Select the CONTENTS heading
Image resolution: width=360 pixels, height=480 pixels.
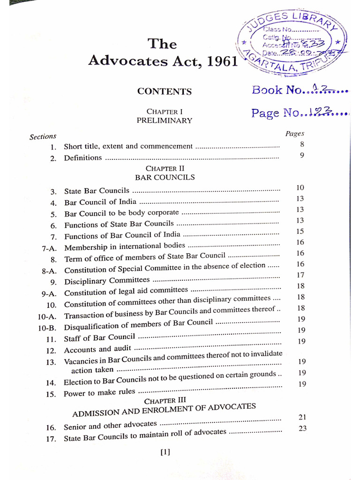(x=164, y=92)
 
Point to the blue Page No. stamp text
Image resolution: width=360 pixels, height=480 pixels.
(x=299, y=113)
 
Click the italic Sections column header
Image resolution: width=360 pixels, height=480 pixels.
(x=43, y=136)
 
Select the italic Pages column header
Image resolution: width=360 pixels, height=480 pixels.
(x=295, y=134)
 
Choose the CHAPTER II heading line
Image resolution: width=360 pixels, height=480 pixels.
(x=161, y=168)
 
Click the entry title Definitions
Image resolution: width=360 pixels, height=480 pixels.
(x=83, y=157)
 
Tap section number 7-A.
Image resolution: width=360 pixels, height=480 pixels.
(x=49, y=248)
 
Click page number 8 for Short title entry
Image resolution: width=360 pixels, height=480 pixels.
(x=302, y=144)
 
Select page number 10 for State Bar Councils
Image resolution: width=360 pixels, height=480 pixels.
(x=300, y=187)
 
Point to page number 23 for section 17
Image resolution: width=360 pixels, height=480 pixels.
(x=302, y=428)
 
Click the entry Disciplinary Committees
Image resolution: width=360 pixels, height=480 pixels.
(x=107, y=281)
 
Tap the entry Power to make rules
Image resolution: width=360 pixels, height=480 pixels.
(x=99, y=392)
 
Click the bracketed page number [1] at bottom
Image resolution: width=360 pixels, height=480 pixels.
(x=165, y=452)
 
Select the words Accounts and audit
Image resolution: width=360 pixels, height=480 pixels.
(x=97, y=349)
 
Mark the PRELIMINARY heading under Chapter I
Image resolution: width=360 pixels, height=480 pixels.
(x=164, y=120)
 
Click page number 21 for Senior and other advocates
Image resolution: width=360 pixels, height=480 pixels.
(x=302, y=417)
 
